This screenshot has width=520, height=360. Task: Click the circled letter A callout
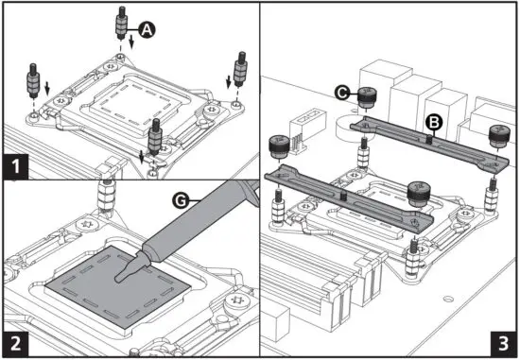146,29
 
